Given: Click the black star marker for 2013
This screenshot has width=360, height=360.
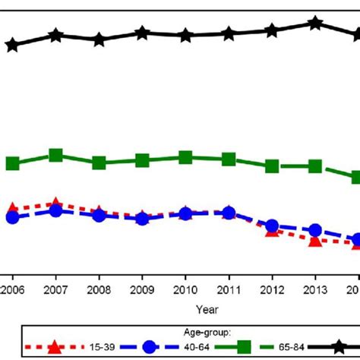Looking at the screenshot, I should tap(314, 24).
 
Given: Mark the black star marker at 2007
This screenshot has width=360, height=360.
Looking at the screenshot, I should tap(55, 36).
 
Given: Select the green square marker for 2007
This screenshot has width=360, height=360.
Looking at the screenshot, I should tap(55, 155).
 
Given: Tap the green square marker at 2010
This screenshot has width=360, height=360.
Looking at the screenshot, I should tap(185, 157).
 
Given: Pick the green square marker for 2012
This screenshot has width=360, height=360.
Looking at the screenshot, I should tap(271, 166).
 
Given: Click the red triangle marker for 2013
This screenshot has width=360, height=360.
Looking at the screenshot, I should tap(314, 240).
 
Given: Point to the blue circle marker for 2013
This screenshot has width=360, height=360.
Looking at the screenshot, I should tap(314, 231).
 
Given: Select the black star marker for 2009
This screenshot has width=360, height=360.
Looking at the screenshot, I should tap(141, 33).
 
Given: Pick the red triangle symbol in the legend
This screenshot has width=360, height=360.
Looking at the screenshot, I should tap(54, 347).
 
